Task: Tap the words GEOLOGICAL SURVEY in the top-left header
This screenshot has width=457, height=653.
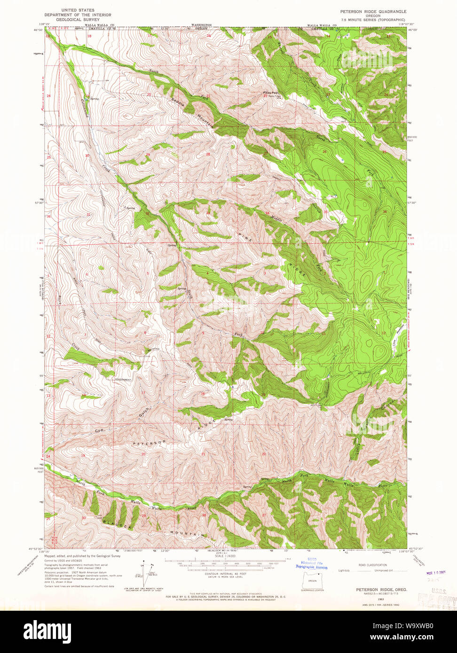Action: tap(77, 19)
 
